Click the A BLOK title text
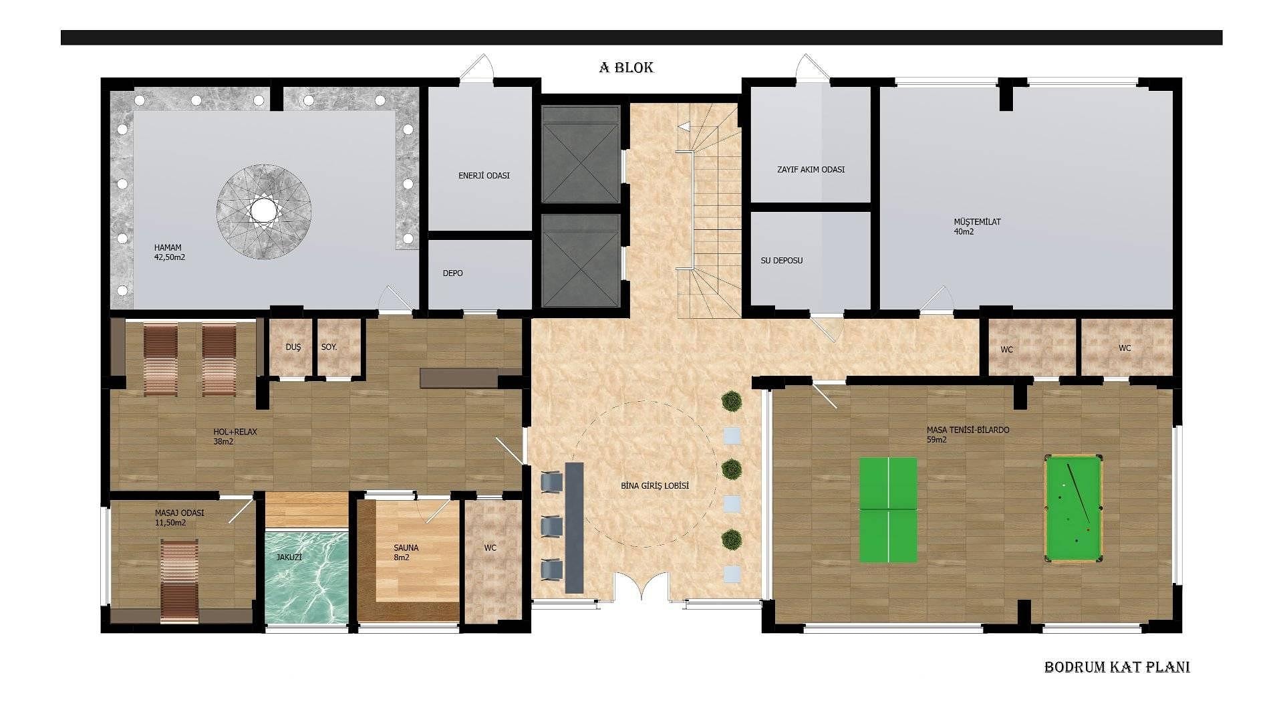tap(626, 68)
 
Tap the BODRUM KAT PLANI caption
tap(1117, 667)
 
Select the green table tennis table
tap(888, 509)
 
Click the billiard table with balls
tap(1073, 508)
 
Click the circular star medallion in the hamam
tap(264, 211)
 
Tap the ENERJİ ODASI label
tap(484, 176)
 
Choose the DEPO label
tap(452, 273)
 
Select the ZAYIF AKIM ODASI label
tap(811, 170)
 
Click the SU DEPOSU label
tap(781, 261)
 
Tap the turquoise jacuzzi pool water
tap(307, 576)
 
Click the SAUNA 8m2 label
tap(406, 552)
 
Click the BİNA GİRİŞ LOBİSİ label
tap(654, 486)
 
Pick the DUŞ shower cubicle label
tap(293, 348)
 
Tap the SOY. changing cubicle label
tap(329, 348)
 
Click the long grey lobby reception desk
tap(574, 527)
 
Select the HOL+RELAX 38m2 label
tap(235, 437)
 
